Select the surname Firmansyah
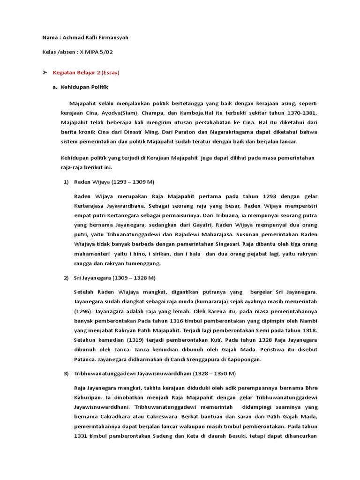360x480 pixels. click(112, 37)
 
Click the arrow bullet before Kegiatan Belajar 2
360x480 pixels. click(45, 73)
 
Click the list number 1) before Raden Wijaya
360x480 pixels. click(66, 181)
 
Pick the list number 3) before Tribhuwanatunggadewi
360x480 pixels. click(66, 374)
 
